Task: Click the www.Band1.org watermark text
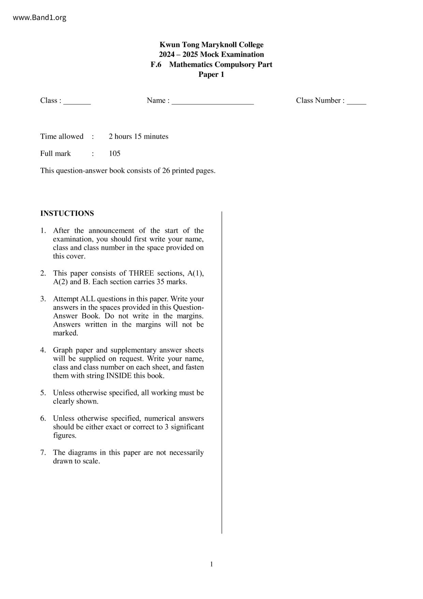point(40,18)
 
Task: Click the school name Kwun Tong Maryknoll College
point(211,45)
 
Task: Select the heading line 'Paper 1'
point(211,74)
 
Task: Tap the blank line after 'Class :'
point(77,102)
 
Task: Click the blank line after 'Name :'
point(213,102)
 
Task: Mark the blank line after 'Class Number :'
point(356,102)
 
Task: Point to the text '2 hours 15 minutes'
point(138,137)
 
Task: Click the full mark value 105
point(115,154)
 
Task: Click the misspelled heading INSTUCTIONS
point(67,213)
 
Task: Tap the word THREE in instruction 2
point(142,273)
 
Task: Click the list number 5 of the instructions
point(43,393)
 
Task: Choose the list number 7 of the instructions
point(43,452)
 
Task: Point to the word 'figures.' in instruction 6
point(64,435)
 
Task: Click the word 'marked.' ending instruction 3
point(65,333)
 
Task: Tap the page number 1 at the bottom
point(211,564)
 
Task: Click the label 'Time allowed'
point(62,137)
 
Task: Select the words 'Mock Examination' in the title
point(232,55)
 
